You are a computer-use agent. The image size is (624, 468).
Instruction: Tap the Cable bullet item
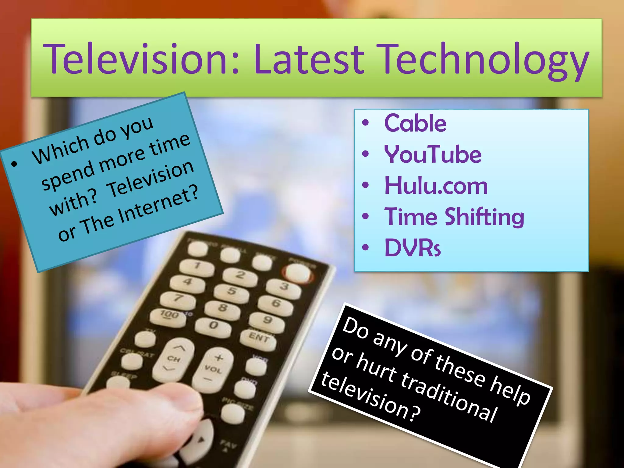click(x=415, y=123)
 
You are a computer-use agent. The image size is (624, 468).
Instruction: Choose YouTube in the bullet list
click(x=433, y=154)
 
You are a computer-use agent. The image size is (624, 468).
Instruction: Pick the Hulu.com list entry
click(x=436, y=186)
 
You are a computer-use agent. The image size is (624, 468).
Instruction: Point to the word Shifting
click(x=484, y=217)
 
